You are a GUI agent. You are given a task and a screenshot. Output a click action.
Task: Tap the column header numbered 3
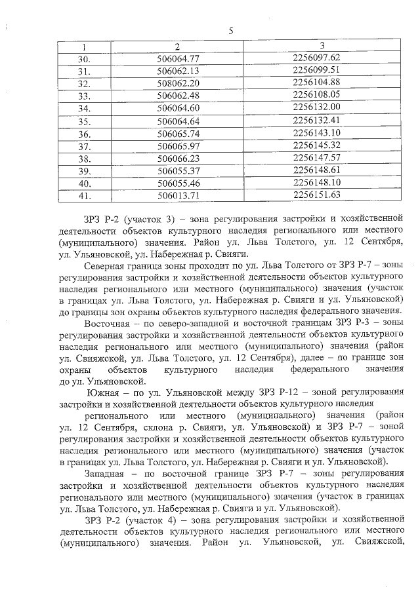point(322,45)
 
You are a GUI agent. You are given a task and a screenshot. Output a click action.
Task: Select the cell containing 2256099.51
point(316,69)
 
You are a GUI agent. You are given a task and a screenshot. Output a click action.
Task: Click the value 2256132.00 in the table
point(316,107)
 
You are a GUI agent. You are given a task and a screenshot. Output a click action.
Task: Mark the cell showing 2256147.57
point(316,158)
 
